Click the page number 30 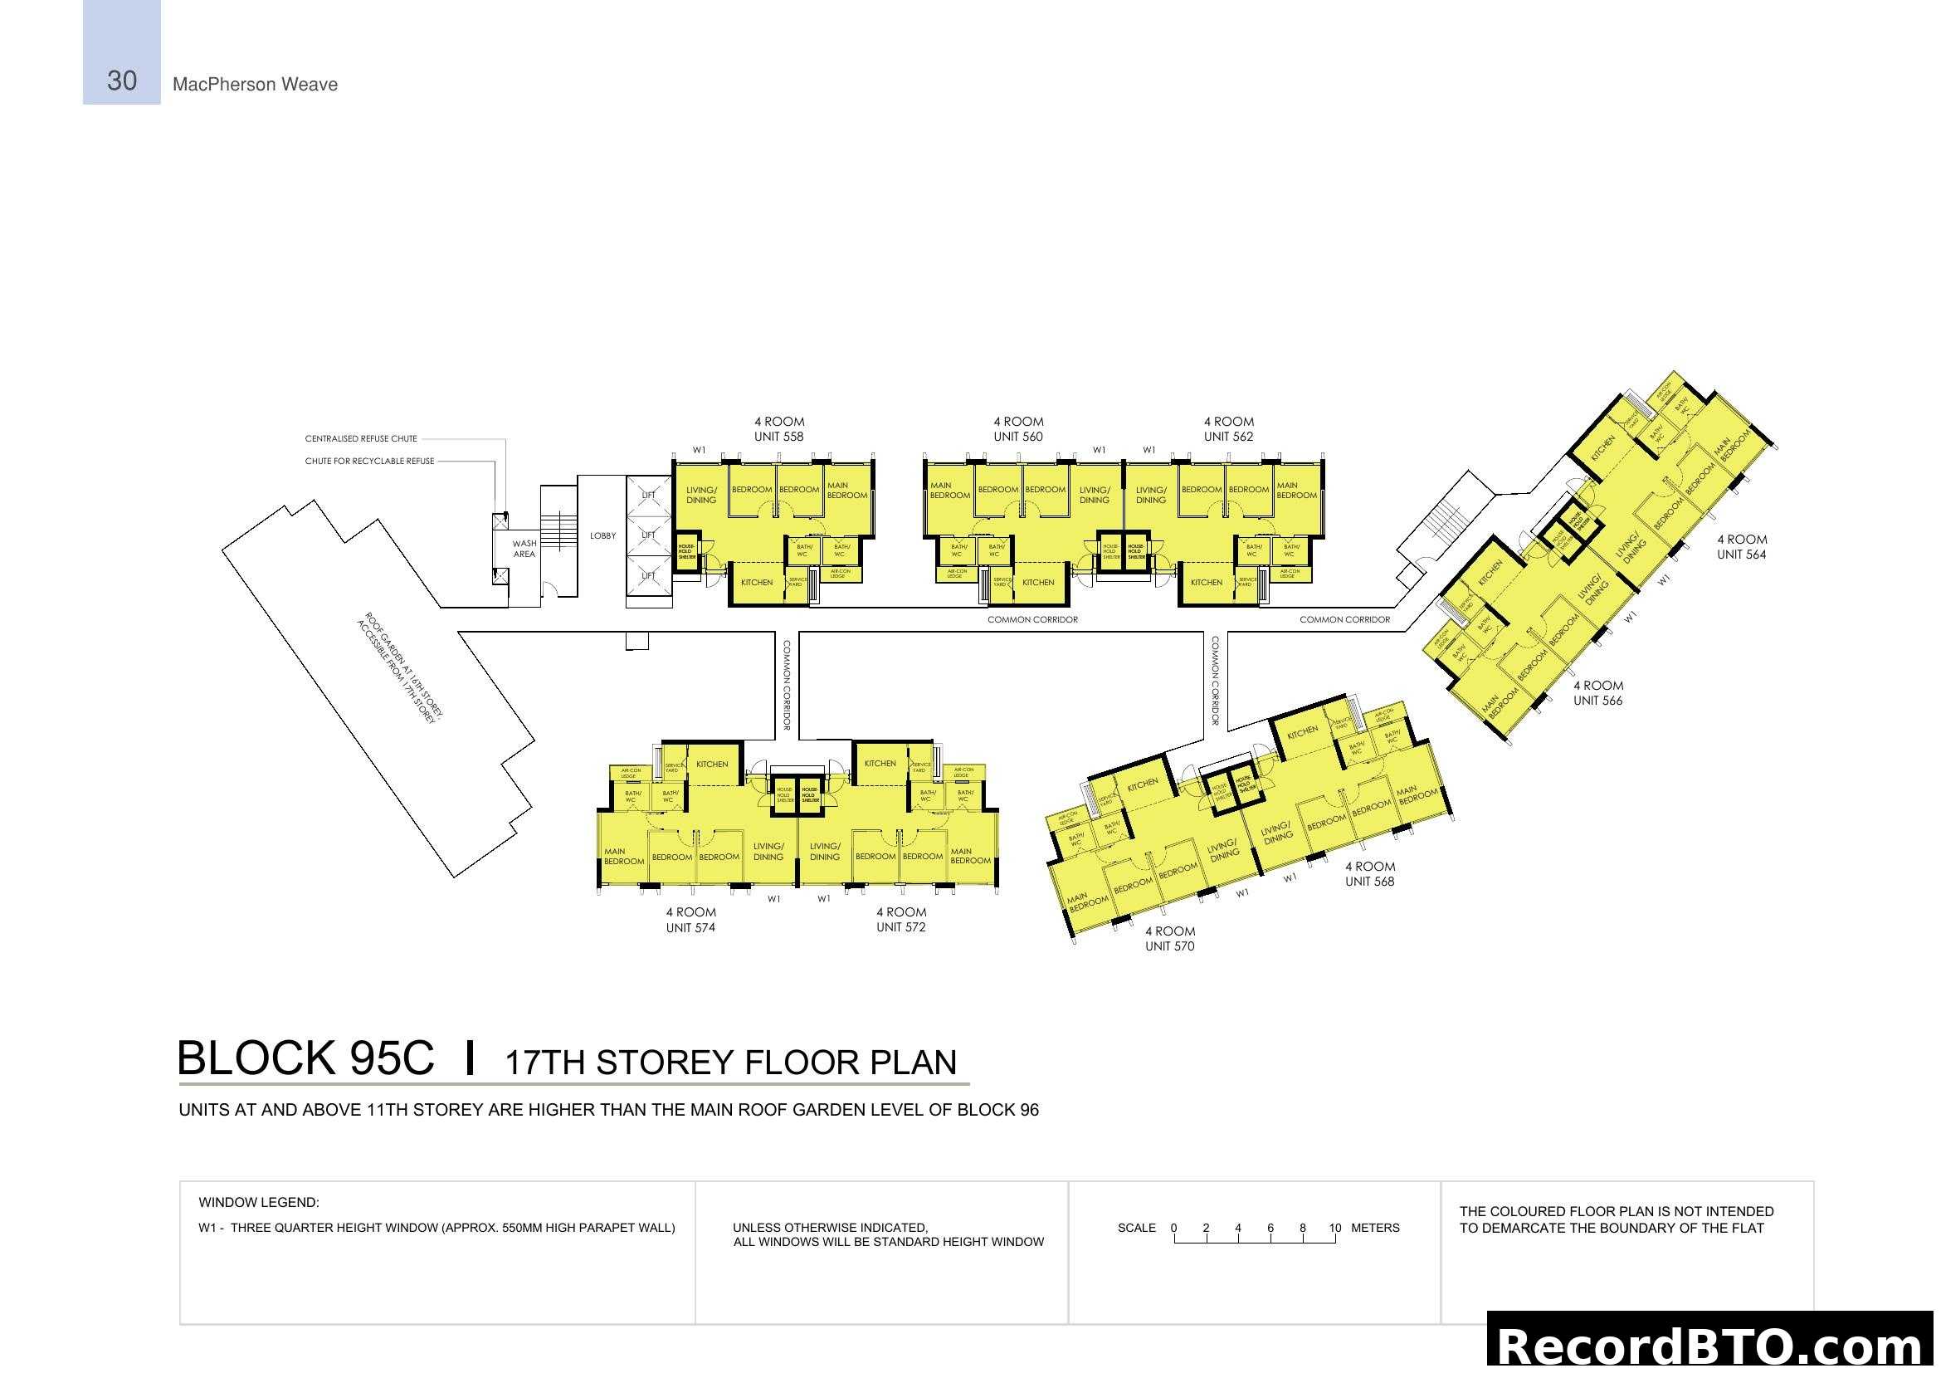[x=122, y=81]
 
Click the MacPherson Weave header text [x=255, y=85]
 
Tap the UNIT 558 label [x=778, y=437]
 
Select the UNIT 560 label [x=1018, y=437]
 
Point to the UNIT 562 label [x=1228, y=437]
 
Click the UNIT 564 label [x=1742, y=555]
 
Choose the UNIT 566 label [x=1597, y=701]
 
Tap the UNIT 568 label [x=1369, y=882]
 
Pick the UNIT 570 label [x=1170, y=947]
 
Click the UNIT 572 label [x=901, y=927]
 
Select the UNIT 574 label [x=690, y=928]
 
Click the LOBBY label [x=602, y=536]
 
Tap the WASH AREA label [x=524, y=549]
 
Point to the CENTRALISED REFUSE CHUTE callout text [x=361, y=439]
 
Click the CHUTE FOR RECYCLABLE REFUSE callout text [x=369, y=462]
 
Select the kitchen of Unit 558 [x=757, y=583]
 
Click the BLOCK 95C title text [x=305, y=1058]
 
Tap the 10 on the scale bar [x=1335, y=1228]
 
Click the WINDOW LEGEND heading [x=259, y=1202]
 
